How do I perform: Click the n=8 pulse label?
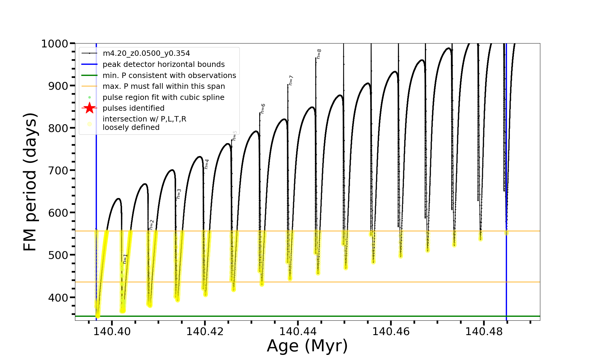pos(319,54)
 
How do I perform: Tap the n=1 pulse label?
pos(125,259)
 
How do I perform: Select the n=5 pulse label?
pos(235,136)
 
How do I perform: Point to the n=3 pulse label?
pos(179,194)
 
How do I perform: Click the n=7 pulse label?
pos(291,80)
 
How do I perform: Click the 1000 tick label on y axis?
pos(55,44)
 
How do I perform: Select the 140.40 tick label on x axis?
pos(112,331)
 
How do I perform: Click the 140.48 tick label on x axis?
pos(484,331)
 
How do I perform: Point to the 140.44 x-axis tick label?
pos(298,331)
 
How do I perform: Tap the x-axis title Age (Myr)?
pos(307,346)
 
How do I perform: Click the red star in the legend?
pos(89,108)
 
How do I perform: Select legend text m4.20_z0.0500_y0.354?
pos(146,53)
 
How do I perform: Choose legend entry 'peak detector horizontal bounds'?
pos(163,64)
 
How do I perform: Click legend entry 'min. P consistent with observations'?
pos(169,75)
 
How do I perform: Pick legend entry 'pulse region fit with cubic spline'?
pos(163,97)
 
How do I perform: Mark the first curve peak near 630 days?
pos(118,199)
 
